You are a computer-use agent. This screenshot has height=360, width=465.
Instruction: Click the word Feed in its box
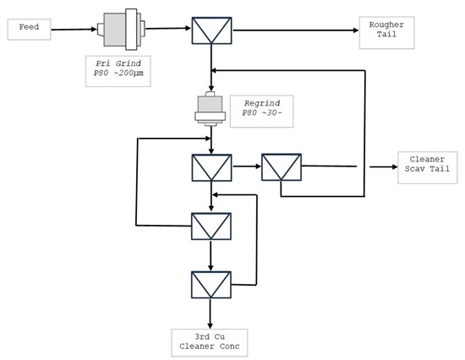[x=29, y=27]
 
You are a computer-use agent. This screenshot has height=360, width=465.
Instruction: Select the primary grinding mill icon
[x=121, y=29]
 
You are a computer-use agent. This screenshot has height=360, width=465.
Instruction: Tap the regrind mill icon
[x=211, y=109]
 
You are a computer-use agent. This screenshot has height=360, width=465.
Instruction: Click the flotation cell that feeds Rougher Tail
[x=211, y=30]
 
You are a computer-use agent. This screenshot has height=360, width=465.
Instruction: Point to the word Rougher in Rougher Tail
[x=386, y=25]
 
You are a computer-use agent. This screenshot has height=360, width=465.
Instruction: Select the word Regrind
[x=262, y=103]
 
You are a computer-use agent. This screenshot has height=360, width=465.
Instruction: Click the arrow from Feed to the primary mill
[x=74, y=30]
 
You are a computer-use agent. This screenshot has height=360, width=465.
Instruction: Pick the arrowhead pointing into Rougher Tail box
[x=356, y=30]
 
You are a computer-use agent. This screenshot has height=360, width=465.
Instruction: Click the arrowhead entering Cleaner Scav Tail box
[x=395, y=167]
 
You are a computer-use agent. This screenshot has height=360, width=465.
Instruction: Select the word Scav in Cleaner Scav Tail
[x=415, y=169]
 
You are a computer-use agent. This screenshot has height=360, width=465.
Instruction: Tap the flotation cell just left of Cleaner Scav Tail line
[x=282, y=167]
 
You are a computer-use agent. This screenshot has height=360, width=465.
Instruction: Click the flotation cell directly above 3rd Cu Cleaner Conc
[x=211, y=285]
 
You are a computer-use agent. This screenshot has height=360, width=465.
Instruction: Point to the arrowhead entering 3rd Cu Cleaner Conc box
[x=211, y=326]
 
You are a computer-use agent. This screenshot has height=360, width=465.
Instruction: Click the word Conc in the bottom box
[x=229, y=346]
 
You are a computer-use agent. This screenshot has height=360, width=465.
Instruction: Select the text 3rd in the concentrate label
[x=202, y=337]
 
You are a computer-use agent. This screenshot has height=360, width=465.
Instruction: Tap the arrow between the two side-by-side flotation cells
[x=247, y=166]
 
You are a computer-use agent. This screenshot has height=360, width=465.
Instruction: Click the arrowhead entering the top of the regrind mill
[x=211, y=89]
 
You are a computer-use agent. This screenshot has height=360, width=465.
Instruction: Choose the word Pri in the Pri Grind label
[x=103, y=63]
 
